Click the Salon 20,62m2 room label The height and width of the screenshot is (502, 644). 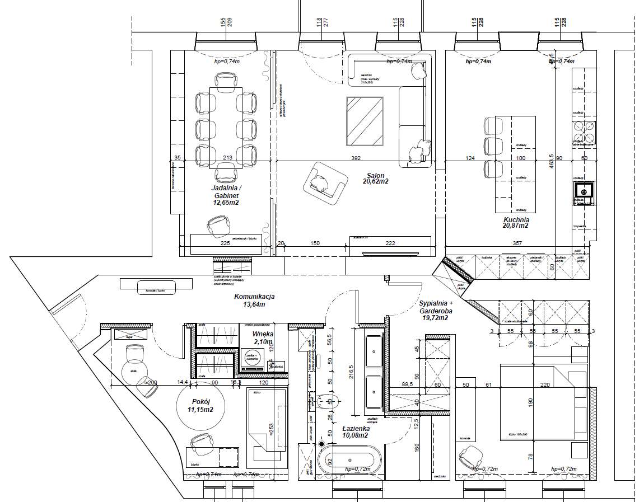pyautogui.click(x=375, y=178)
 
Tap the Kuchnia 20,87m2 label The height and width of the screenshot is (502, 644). pyautogui.click(x=516, y=223)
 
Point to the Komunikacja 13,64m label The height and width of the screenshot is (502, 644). pyautogui.click(x=254, y=301)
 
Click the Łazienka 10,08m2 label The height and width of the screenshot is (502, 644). pyautogui.click(x=355, y=431)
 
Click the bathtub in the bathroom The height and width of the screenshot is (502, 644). pyautogui.click(x=350, y=460)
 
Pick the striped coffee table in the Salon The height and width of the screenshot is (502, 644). pyautogui.click(x=365, y=120)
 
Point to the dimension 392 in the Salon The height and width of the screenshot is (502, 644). pyautogui.click(x=356, y=158)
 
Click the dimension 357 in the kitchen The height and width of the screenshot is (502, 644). pyautogui.click(x=517, y=243)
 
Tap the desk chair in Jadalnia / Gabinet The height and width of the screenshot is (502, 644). pyautogui.click(x=217, y=226)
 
